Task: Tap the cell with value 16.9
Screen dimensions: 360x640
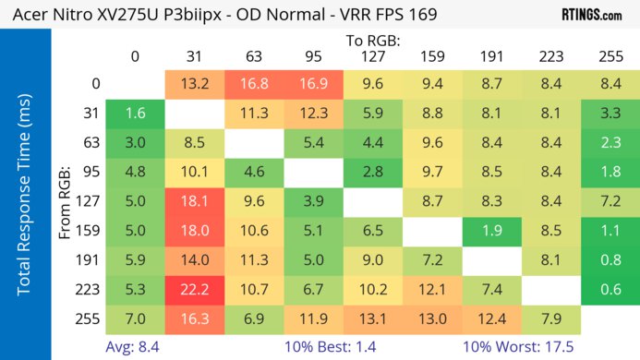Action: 312,84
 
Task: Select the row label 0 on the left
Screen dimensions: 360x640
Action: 95,84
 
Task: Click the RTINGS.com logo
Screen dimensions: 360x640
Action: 590,15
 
